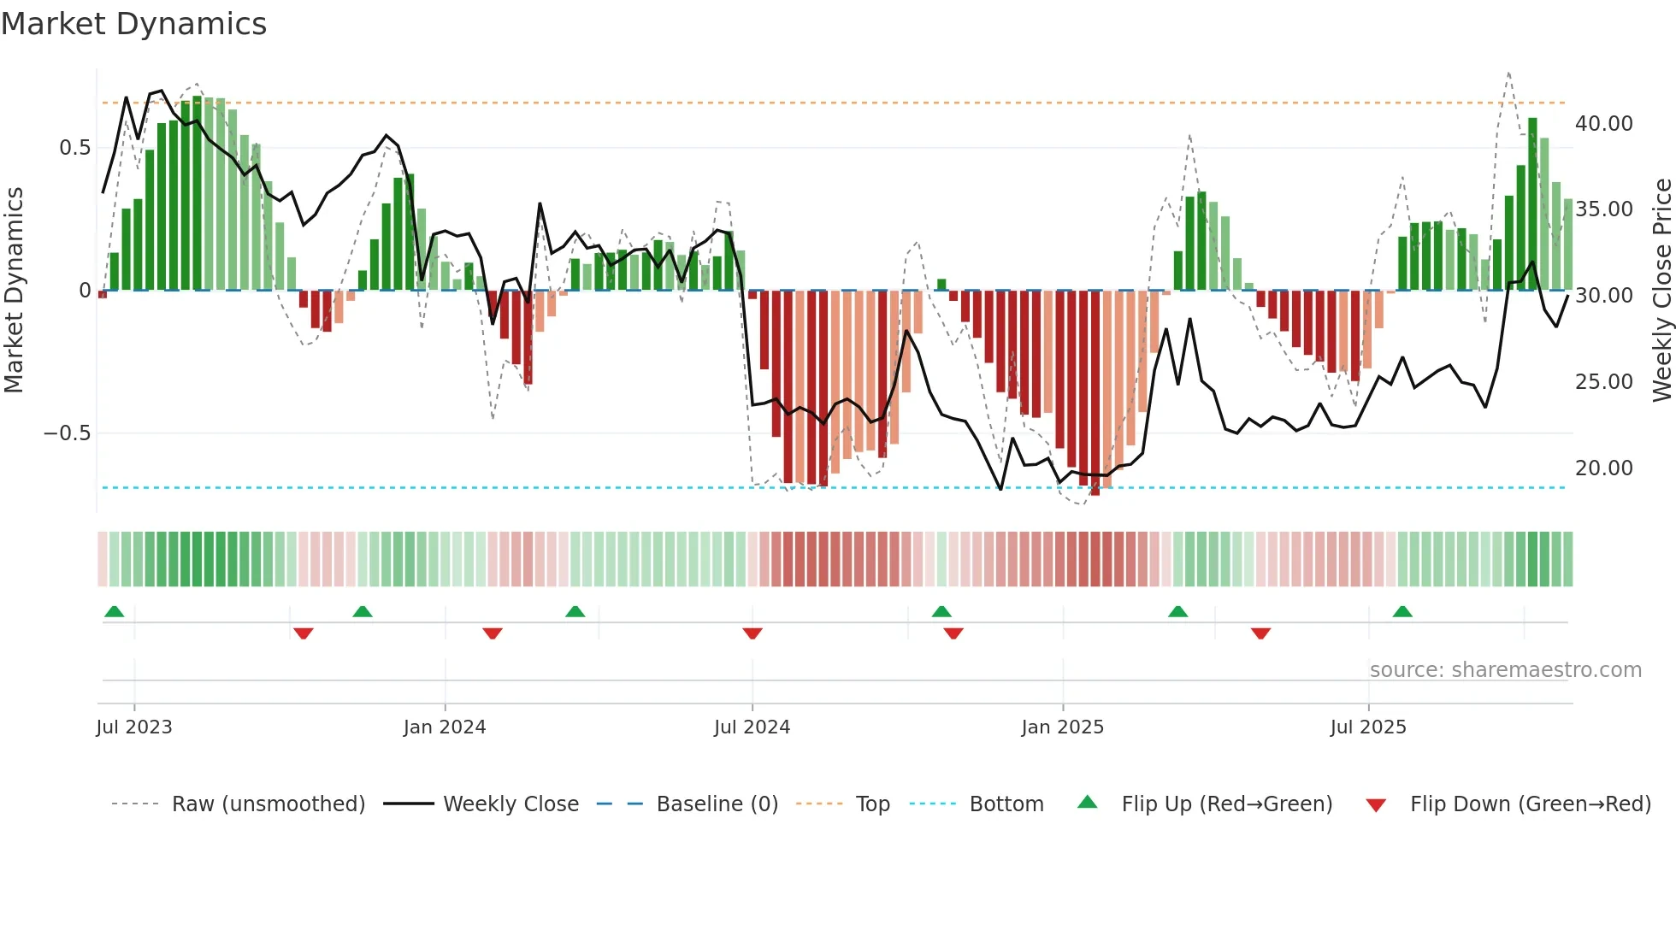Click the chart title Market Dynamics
pos(134,24)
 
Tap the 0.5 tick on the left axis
pos(74,148)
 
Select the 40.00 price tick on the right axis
pos(1603,124)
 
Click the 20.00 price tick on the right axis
pos(1603,468)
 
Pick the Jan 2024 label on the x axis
pos(444,727)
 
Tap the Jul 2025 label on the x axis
pos(1367,727)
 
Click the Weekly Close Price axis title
pos(1661,291)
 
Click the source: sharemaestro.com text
pos(1505,670)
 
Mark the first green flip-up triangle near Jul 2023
pos(114,612)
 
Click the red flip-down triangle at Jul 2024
pos(752,633)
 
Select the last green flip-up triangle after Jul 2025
pos(1402,612)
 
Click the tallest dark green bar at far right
pos(1532,205)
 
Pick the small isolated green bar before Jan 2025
pos(941,285)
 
